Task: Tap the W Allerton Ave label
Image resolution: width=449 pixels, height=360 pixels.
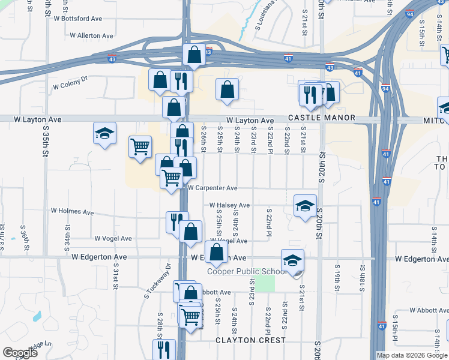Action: pyautogui.click(x=91, y=36)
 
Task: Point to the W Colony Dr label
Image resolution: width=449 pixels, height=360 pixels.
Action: pyautogui.click(x=70, y=83)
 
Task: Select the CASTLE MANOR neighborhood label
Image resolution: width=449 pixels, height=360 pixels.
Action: pyautogui.click(x=321, y=118)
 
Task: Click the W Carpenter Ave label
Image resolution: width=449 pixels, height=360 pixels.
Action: pyautogui.click(x=212, y=188)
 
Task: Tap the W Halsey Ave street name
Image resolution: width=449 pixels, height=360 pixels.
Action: pyautogui.click(x=229, y=205)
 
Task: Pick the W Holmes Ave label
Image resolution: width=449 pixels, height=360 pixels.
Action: pyautogui.click(x=72, y=212)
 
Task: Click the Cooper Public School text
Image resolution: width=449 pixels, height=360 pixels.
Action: pyautogui.click(x=247, y=271)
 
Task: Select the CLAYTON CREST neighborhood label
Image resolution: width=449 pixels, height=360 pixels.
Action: pyautogui.click(x=251, y=340)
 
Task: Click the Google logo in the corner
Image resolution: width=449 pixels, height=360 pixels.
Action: pyautogui.click(x=20, y=353)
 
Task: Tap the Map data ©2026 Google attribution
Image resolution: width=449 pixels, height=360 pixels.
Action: pyautogui.click(x=411, y=355)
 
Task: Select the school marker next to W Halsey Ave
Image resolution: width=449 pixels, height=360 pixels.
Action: pyautogui.click(x=305, y=206)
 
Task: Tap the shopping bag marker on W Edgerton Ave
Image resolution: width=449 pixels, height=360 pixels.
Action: pyautogui.click(x=217, y=252)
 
